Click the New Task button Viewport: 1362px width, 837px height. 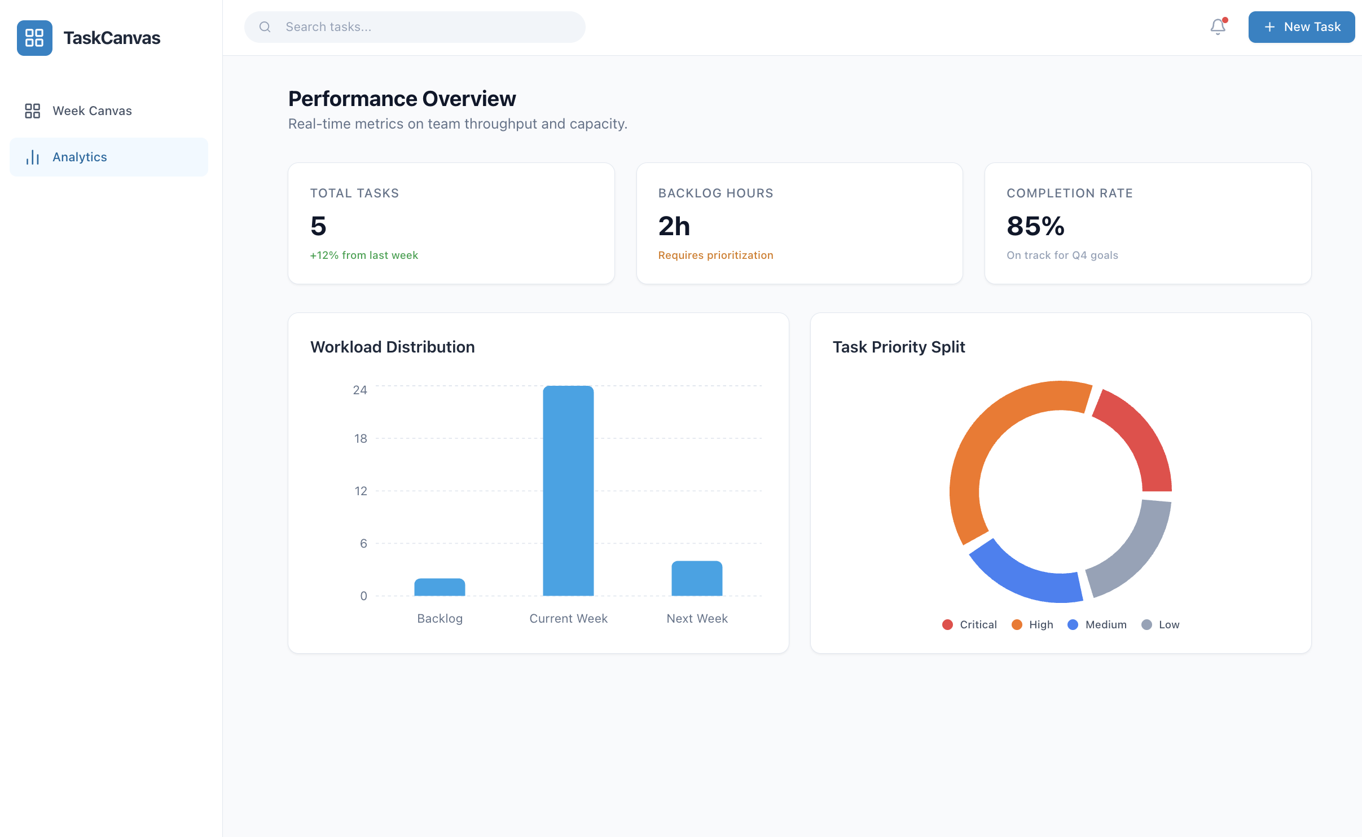tap(1301, 27)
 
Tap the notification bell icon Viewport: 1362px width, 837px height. tap(1218, 27)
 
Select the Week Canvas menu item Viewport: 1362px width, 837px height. tap(92, 111)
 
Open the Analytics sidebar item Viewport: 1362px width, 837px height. tap(80, 157)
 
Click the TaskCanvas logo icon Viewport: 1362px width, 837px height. tap(34, 38)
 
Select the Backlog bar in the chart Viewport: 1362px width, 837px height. tap(440, 587)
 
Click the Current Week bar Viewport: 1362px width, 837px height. tap(568, 491)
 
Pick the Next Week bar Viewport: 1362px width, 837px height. tap(697, 578)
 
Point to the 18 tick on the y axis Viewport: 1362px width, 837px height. tap(361, 439)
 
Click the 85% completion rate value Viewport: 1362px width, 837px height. tap(1035, 226)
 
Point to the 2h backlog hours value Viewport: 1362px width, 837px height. tap(674, 226)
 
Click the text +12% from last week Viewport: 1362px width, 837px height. tap(364, 255)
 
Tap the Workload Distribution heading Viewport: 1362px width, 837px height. tap(392, 347)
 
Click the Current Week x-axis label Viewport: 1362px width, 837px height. tap(568, 619)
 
